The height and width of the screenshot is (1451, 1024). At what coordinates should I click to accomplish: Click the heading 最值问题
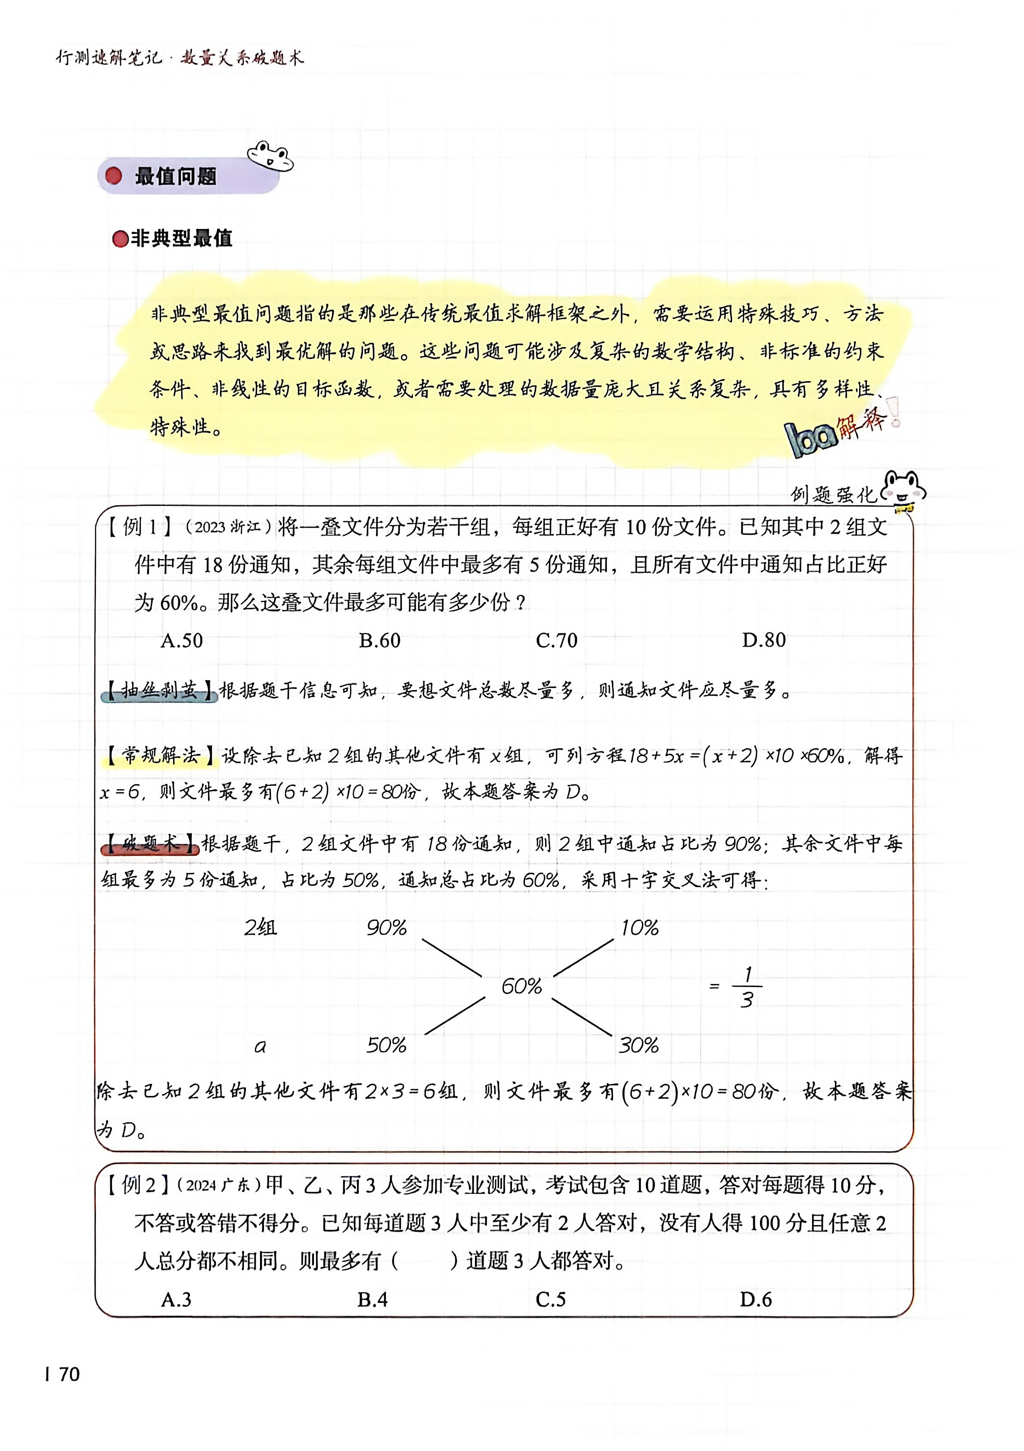[x=176, y=176]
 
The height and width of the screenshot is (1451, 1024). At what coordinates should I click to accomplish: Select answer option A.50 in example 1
[x=181, y=640]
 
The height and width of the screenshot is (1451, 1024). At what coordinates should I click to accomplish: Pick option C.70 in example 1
[x=556, y=640]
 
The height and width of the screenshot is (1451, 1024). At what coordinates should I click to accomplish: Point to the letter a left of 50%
[x=260, y=1046]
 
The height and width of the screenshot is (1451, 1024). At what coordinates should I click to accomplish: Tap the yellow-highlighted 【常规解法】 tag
[x=159, y=755]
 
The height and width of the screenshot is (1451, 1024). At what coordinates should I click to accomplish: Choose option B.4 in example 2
[x=372, y=1299]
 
